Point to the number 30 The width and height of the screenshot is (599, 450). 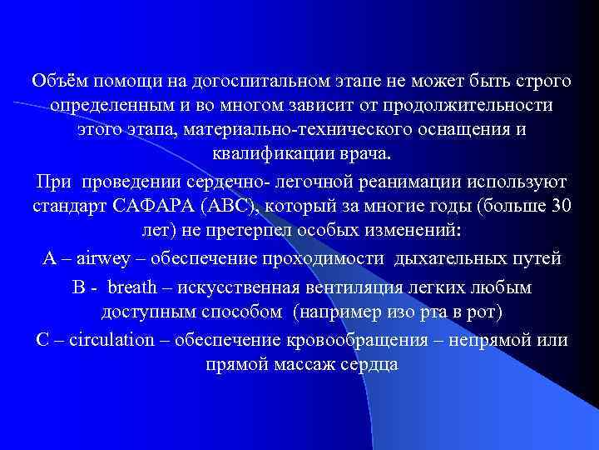pyautogui.click(x=561, y=207)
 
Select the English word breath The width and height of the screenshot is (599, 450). pyautogui.click(x=137, y=288)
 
